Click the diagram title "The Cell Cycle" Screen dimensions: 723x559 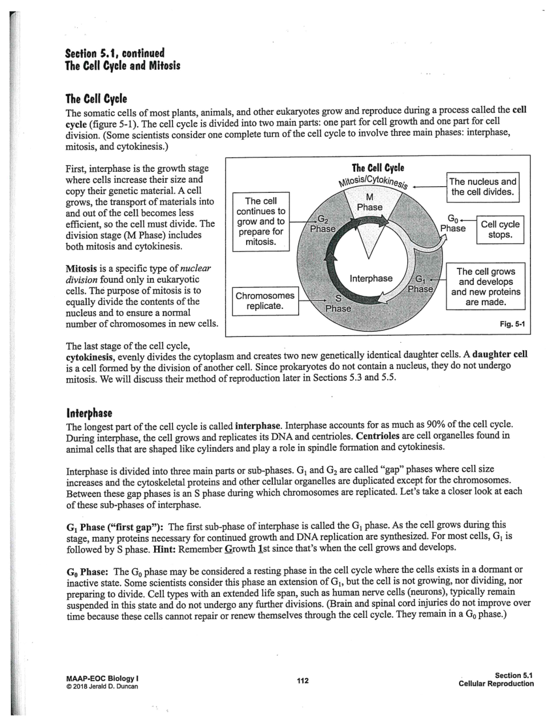pos(377,167)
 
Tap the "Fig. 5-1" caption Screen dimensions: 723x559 pos(512,324)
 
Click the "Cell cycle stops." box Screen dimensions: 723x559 pos(500,230)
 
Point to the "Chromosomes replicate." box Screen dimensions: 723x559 pos(265,301)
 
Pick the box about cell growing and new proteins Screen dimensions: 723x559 pos(485,287)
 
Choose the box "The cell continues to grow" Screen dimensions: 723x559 pos(260,222)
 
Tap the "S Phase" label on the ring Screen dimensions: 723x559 pos(337,303)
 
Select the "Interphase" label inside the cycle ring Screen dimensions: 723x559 pos(371,278)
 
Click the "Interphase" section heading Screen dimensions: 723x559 pos(89,413)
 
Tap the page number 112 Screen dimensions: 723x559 pos(303,680)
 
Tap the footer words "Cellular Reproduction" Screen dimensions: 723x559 pos(496,684)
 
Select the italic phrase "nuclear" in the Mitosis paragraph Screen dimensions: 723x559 pos(195,268)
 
